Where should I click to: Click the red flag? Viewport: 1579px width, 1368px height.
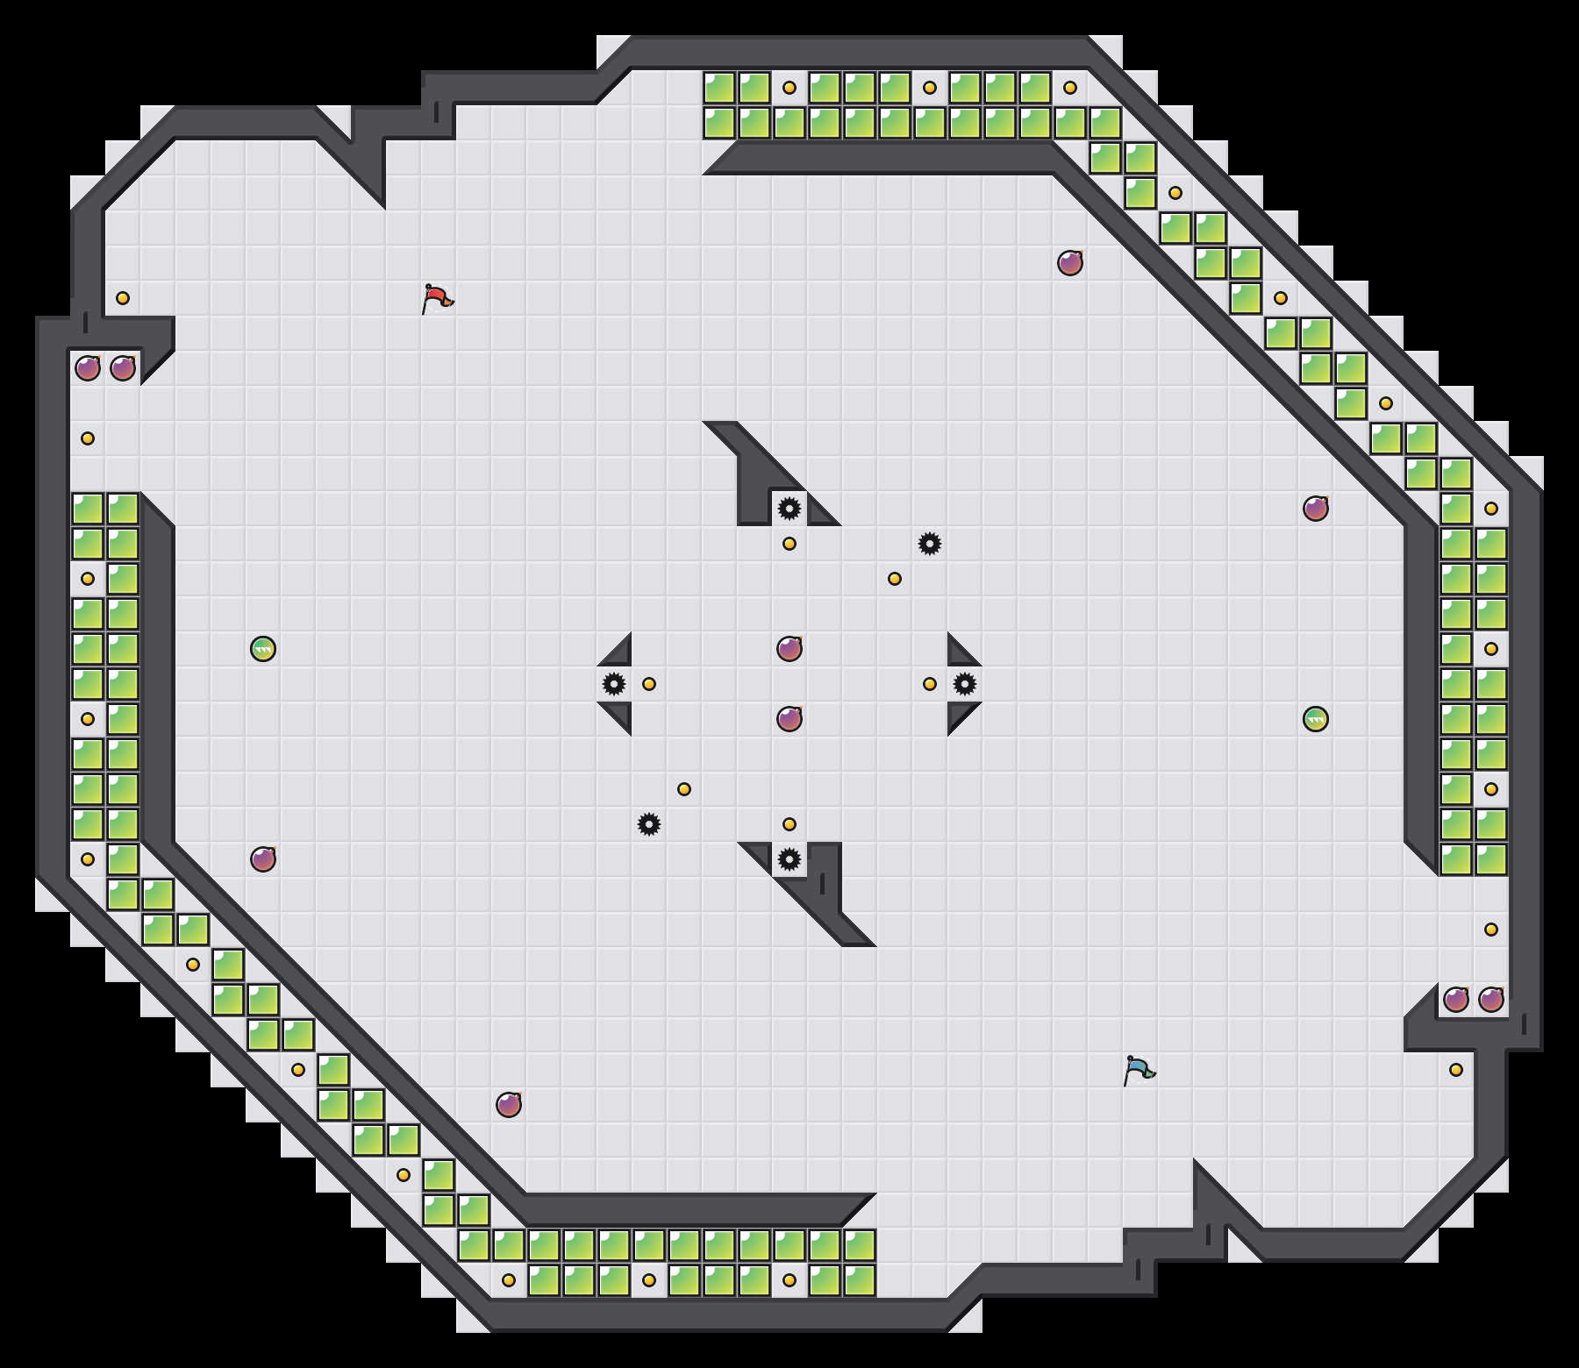coord(437,298)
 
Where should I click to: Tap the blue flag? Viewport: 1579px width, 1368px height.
coord(1139,1070)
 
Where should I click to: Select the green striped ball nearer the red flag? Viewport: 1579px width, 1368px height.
coord(263,649)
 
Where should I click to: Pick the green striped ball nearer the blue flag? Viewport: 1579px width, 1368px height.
coord(1316,719)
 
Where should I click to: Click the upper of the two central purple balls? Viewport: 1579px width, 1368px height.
coord(789,649)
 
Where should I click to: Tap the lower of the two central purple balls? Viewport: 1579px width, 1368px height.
coord(789,719)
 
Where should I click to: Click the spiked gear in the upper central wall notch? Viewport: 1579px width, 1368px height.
coord(789,509)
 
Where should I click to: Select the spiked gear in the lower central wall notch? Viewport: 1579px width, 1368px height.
coord(789,859)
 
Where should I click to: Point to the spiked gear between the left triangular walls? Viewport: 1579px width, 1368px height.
coord(614,684)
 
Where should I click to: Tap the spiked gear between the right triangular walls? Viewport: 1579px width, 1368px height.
coord(965,684)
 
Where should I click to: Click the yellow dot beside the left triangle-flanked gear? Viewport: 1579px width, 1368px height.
coord(649,684)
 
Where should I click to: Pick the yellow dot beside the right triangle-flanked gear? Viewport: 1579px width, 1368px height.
coord(930,684)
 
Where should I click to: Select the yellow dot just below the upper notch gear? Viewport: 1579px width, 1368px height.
coord(789,544)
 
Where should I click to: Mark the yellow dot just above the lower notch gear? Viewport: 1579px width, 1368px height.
coord(789,824)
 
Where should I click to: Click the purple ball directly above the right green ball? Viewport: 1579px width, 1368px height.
coord(1316,509)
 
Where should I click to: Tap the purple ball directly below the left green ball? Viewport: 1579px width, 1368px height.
coord(263,859)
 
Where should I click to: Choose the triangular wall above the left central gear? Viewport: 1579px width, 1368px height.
coord(619,654)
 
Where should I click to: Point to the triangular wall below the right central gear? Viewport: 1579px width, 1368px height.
coord(960,714)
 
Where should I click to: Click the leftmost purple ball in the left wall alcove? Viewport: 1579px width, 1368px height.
coord(88,368)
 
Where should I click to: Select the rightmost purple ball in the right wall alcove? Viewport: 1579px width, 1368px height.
coord(1491,1000)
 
